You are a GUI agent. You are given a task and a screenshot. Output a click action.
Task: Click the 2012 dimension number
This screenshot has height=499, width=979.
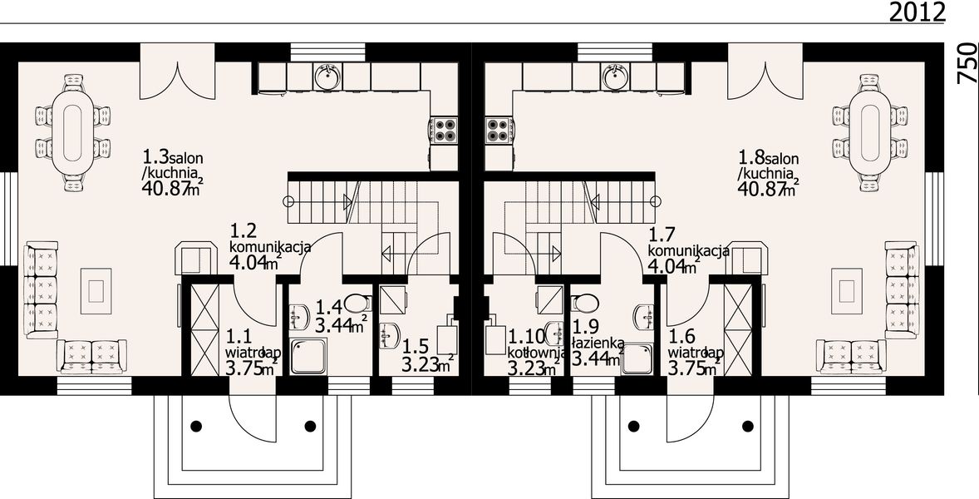click(x=917, y=12)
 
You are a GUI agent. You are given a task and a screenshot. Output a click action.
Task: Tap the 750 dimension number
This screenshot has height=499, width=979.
click(x=966, y=63)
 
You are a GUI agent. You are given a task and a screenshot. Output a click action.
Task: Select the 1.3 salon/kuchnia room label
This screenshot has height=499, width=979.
click(x=174, y=173)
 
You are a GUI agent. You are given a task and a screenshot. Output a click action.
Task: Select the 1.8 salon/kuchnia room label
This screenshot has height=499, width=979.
click(x=769, y=173)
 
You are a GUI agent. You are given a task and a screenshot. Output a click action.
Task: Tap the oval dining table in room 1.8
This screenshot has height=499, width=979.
click(x=868, y=134)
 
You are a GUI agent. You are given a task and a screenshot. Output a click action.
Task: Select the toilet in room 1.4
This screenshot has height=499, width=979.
click(x=356, y=301)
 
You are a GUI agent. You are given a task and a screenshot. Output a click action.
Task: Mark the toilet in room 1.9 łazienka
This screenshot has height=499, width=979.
click(x=586, y=301)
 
